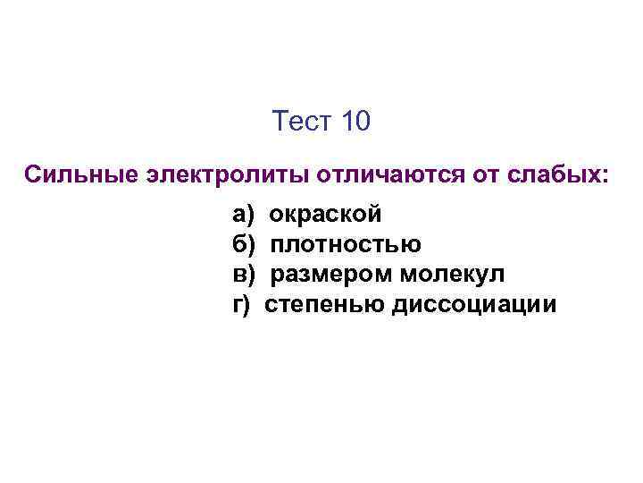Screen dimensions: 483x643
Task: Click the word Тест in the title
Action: [x=302, y=122]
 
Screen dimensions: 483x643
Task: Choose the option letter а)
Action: [x=243, y=215]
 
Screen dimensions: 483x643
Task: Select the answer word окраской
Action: [x=326, y=215]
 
